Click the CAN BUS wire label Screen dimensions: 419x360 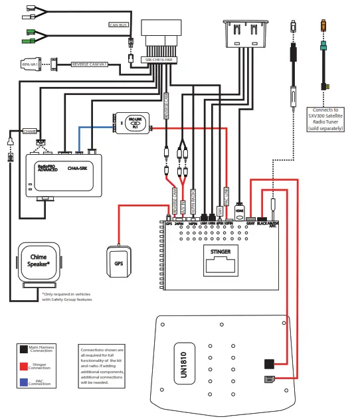coord(117,25)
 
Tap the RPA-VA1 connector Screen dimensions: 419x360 coord(30,64)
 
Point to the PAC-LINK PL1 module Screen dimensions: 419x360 coord(134,123)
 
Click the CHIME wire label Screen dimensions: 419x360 coord(31,131)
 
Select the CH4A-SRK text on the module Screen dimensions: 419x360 coord(77,169)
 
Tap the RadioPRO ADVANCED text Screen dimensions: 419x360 coord(47,169)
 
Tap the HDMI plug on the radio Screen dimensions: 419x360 coord(239,210)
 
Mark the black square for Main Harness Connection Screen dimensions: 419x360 coord(24,348)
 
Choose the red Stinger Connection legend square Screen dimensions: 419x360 coord(24,365)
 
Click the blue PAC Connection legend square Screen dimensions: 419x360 coord(24,382)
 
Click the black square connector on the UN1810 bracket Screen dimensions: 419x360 coord(269,363)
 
